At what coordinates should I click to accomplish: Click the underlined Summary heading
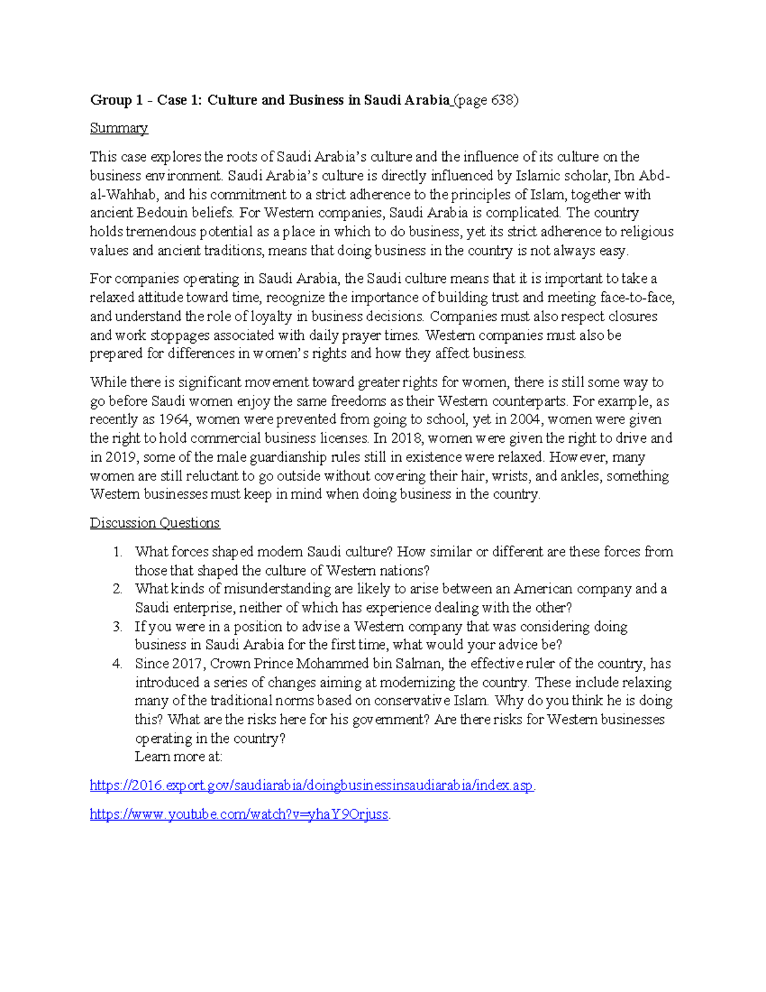point(119,128)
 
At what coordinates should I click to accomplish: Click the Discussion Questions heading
point(154,523)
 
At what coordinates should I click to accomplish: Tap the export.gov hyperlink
point(312,786)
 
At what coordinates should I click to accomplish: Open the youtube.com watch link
point(239,814)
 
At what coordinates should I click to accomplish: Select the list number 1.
point(117,552)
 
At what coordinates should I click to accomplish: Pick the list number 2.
point(117,589)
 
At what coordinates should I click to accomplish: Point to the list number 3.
point(117,627)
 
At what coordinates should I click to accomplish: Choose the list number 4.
point(117,664)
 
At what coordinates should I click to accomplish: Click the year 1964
point(174,420)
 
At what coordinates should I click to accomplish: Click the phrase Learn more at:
point(178,757)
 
